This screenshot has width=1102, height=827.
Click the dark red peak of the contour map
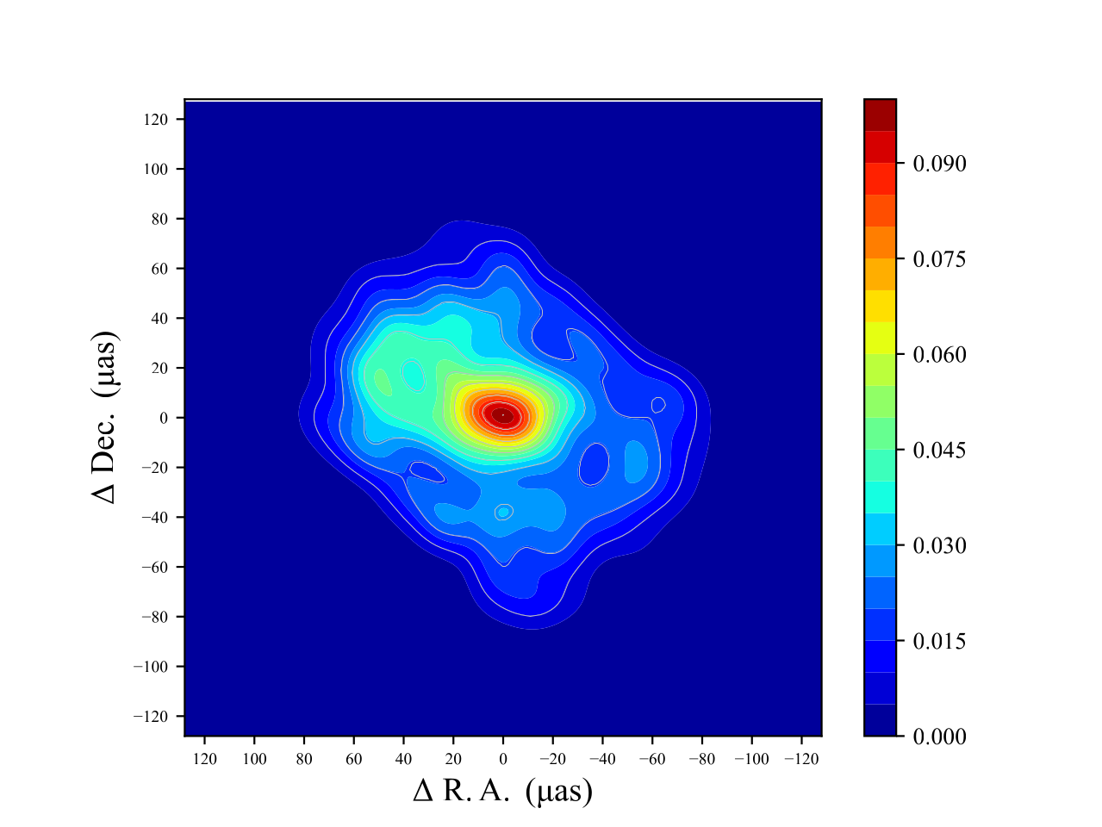tap(503, 415)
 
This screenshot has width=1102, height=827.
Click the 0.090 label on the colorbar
tap(939, 164)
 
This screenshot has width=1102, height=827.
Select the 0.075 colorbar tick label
tap(939, 259)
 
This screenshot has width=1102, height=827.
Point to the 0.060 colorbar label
tap(939, 355)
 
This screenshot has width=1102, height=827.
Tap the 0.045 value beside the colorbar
tap(939, 451)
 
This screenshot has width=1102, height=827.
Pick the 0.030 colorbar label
tap(939, 546)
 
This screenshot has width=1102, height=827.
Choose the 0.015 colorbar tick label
tap(939, 642)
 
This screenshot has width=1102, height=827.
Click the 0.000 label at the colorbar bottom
tap(939, 737)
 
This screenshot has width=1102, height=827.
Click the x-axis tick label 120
tap(205, 759)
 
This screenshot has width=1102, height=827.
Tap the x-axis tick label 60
tap(354, 759)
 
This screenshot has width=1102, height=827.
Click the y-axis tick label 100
tap(157, 170)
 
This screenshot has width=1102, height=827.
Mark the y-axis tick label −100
tap(153, 667)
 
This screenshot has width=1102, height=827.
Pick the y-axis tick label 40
tap(160, 319)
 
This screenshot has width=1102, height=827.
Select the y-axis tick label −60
tap(156, 568)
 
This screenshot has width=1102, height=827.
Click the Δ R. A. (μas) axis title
tap(503, 791)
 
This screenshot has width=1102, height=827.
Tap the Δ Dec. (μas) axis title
tap(105, 417)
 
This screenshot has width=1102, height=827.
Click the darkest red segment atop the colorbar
tap(880, 115)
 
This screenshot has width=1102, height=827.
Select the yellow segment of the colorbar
tap(880, 306)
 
